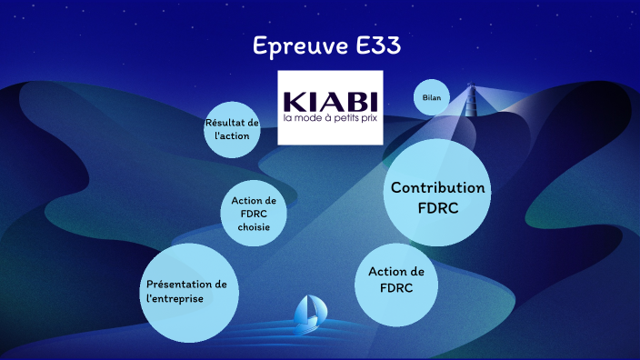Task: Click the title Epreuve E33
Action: click(x=319, y=46)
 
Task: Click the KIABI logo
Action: click(x=330, y=107)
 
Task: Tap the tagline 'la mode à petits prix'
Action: click(x=330, y=119)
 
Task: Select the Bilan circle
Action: click(x=432, y=97)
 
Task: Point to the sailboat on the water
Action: click(x=308, y=312)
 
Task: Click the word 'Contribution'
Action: click(x=437, y=187)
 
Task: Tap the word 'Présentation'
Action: click(x=192, y=285)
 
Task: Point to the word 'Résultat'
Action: click(x=232, y=122)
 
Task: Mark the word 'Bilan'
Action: click(x=432, y=97)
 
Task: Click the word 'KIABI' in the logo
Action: click(x=330, y=99)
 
